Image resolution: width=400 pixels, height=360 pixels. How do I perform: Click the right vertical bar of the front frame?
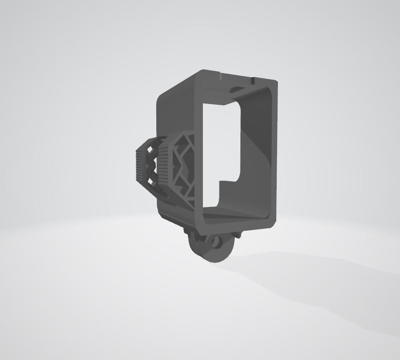click(273, 153)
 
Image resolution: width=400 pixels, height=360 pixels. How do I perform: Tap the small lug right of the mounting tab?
click(238, 235)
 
